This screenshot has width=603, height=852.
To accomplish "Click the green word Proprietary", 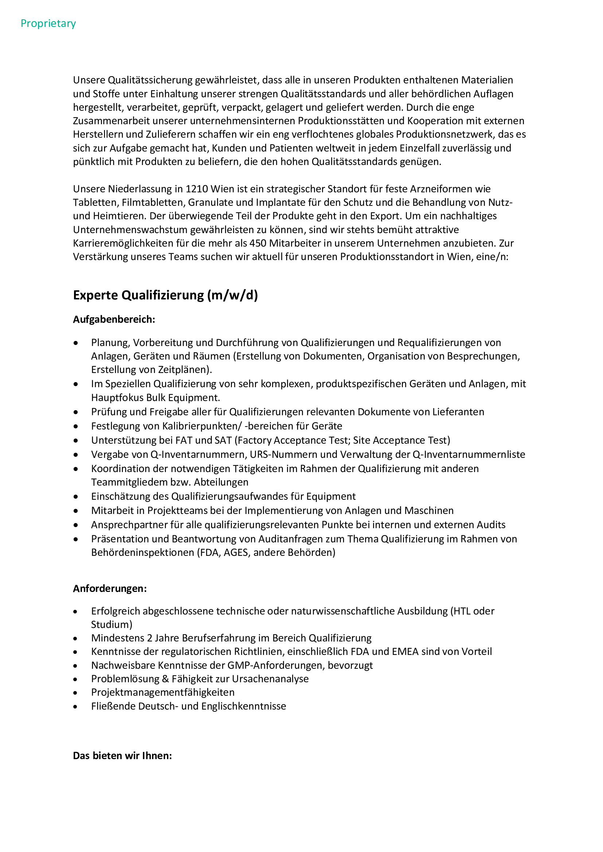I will pos(48,23).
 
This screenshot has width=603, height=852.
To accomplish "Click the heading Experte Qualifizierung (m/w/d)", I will pos(165,295).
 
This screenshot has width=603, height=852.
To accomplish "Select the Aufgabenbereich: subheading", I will pos(114,319).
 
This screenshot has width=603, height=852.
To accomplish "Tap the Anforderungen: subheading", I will pos(110,589).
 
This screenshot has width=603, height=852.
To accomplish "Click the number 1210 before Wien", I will pos(197,189).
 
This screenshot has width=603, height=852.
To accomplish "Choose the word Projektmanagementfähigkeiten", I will pos(163,692).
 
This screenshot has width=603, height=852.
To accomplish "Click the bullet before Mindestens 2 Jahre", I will pos(76,639).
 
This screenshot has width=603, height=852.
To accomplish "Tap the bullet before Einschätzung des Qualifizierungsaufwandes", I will pos(76,497).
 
